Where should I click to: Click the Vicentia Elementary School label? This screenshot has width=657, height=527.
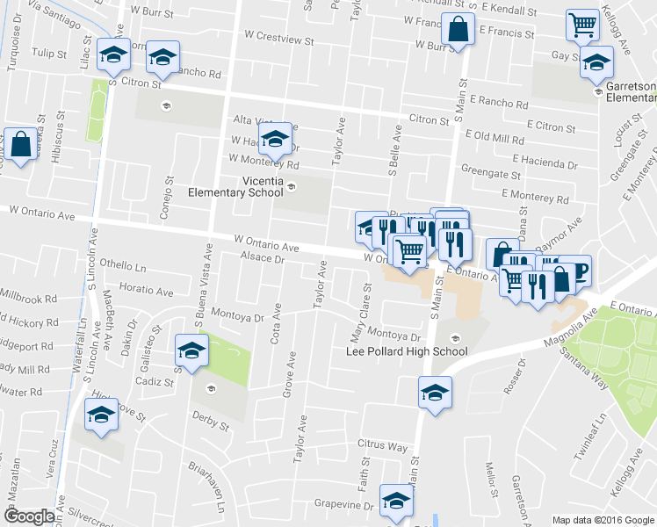238,187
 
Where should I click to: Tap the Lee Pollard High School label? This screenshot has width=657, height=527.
407,351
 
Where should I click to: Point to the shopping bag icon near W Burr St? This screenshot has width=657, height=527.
458,30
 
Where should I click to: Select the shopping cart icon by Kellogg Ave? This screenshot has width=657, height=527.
582,26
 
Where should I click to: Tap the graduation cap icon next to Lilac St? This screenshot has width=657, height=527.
112,56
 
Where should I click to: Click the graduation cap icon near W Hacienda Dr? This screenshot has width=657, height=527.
275,139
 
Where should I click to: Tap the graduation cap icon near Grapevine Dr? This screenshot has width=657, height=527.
397,501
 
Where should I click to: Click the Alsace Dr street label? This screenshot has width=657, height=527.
263,259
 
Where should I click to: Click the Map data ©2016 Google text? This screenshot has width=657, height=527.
602,519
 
